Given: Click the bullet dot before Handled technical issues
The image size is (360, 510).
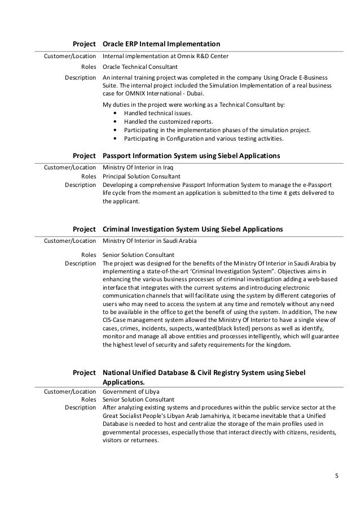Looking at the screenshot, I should pos(116,113).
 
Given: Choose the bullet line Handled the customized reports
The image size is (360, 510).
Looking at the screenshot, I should pos(169,121).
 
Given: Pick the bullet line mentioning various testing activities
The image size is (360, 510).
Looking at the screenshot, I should pos(205,138).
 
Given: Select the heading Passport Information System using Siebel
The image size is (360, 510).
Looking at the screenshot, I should pos(191,155).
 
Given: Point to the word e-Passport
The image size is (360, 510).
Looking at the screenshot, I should pos(318,185).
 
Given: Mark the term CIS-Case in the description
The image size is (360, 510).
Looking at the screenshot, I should pos(115,321).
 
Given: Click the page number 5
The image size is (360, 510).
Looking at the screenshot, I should pos(337,474).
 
